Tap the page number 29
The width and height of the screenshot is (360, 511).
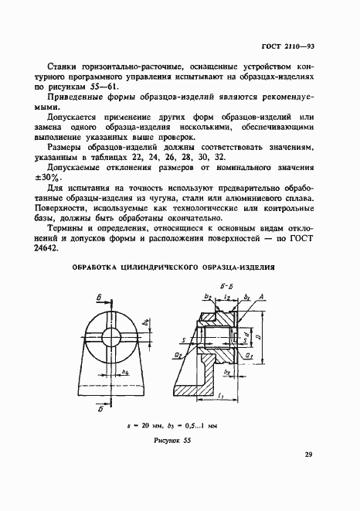(x=308, y=454)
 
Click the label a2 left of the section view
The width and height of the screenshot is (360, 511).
(x=178, y=355)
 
